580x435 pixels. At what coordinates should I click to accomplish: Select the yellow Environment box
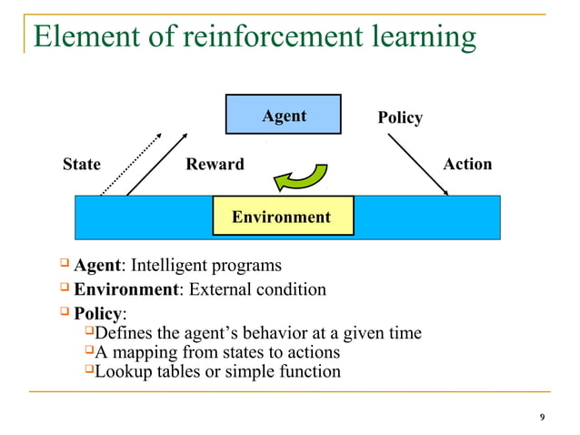tap(282, 217)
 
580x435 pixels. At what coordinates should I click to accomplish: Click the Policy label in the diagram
tap(400, 118)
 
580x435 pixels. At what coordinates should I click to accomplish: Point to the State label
tap(81, 165)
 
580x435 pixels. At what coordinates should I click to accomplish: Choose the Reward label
tap(215, 165)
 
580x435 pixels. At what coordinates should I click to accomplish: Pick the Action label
tap(467, 164)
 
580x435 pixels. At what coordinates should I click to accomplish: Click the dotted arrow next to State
tap(131, 164)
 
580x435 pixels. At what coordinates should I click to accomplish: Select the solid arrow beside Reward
tap(162, 164)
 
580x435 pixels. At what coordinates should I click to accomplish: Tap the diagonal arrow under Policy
tap(418, 165)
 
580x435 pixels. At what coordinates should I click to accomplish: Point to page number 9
tap(543, 417)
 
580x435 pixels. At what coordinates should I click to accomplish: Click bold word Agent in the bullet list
tap(97, 266)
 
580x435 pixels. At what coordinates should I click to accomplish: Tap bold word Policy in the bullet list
tap(97, 314)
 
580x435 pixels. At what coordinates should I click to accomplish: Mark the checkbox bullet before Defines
tap(88, 332)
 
